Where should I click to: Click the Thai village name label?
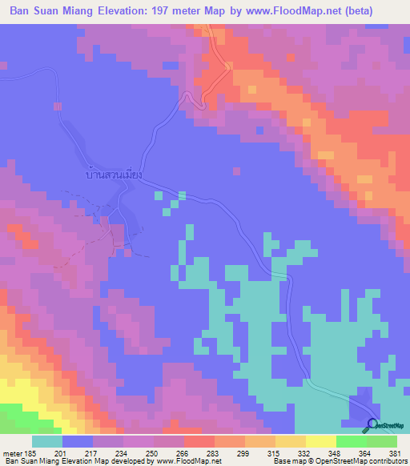(x=112, y=173)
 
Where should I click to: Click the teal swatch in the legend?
(x=46, y=441)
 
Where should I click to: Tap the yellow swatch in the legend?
(x=321, y=441)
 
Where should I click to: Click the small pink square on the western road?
(x=58, y=106)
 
